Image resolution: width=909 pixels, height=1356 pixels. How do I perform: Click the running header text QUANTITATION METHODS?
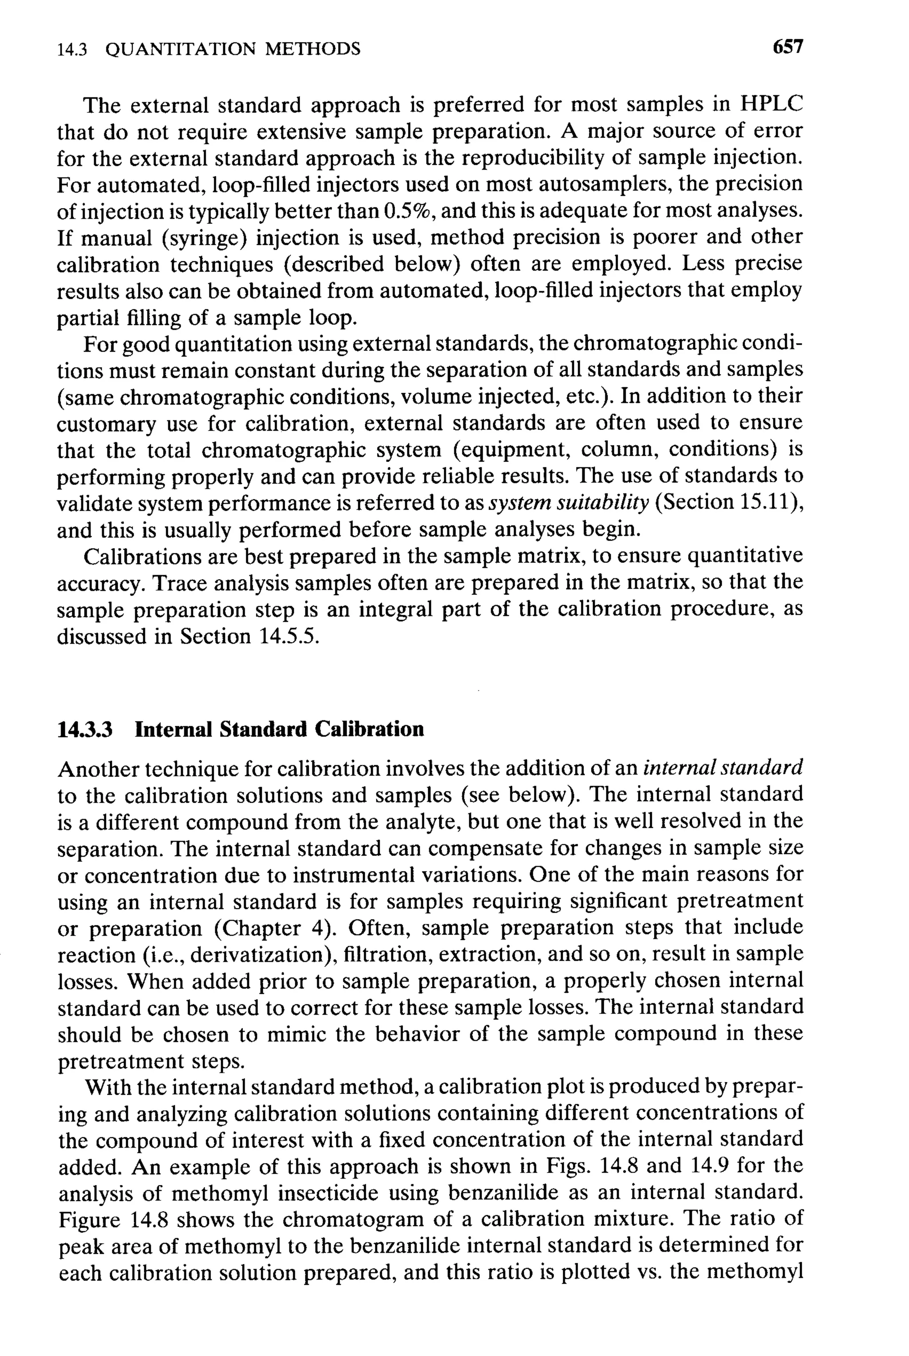(x=233, y=49)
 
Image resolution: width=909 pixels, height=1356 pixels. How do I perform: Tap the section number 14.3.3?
(x=85, y=729)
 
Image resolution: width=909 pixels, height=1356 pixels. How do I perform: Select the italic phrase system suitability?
(x=569, y=502)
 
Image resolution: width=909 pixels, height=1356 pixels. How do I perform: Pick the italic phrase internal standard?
(x=723, y=768)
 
